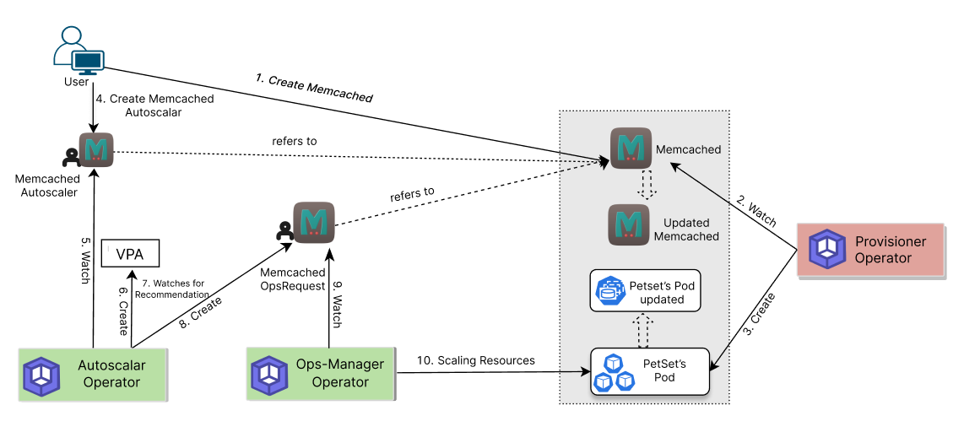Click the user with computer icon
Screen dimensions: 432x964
click(79, 51)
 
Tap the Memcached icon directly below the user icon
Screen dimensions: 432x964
click(95, 149)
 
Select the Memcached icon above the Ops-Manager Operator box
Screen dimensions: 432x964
click(313, 223)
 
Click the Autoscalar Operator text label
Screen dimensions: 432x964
click(111, 374)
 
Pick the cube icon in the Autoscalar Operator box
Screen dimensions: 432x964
click(41, 376)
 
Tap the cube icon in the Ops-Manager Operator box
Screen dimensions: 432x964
click(270, 376)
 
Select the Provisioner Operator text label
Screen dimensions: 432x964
click(890, 250)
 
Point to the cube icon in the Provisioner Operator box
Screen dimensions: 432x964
click(827, 249)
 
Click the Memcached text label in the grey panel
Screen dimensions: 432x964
click(688, 149)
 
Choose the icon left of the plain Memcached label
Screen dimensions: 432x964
click(631, 148)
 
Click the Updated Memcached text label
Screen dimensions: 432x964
click(686, 229)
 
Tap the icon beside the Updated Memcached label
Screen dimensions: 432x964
click(629, 224)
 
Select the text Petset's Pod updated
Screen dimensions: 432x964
click(662, 292)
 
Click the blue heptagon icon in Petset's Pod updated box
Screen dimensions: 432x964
click(609, 291)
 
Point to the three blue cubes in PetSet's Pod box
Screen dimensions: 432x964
click(614, 372)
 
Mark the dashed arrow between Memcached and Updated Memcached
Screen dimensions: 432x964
click(647, 185)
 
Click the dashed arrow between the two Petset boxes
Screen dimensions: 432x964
click(643, 330)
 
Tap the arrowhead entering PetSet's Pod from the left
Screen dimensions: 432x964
click(585, 371)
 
